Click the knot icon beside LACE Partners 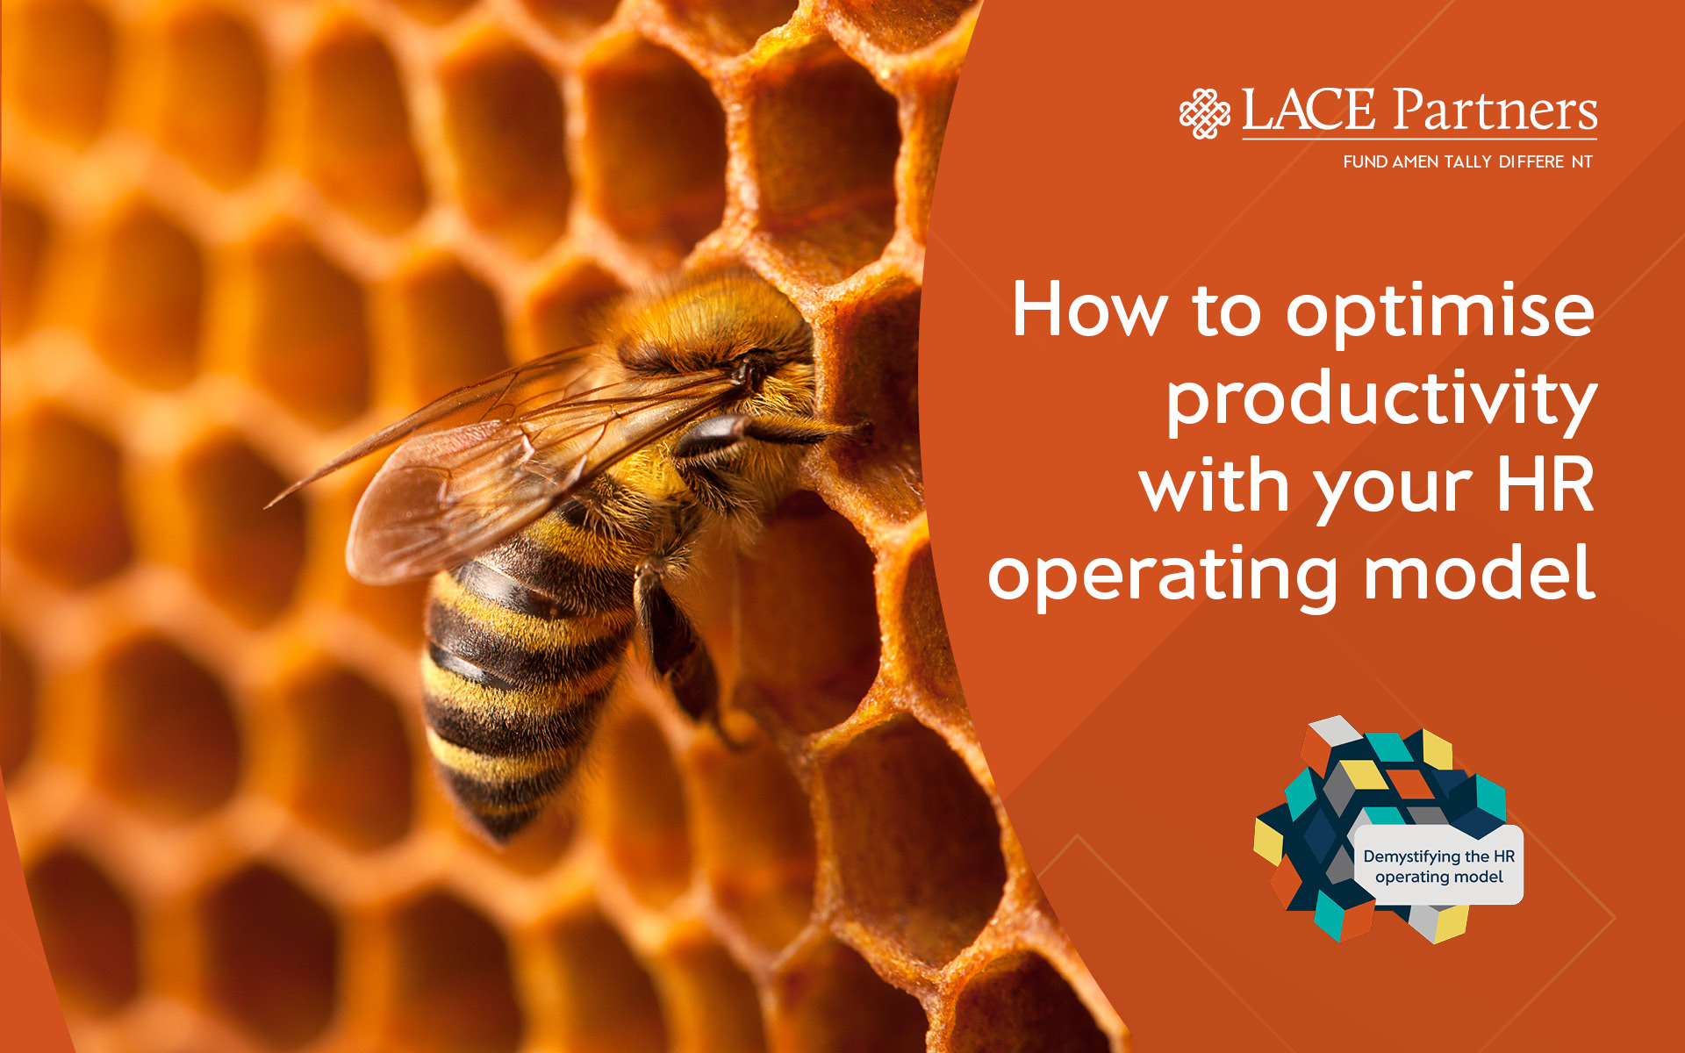(x=1204, y=113)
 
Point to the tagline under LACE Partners (x=1467, y=161)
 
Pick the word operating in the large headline (x=1163, y=576)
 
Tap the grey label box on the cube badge (x=1438, y=864)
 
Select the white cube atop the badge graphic (x=1334, y=733)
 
